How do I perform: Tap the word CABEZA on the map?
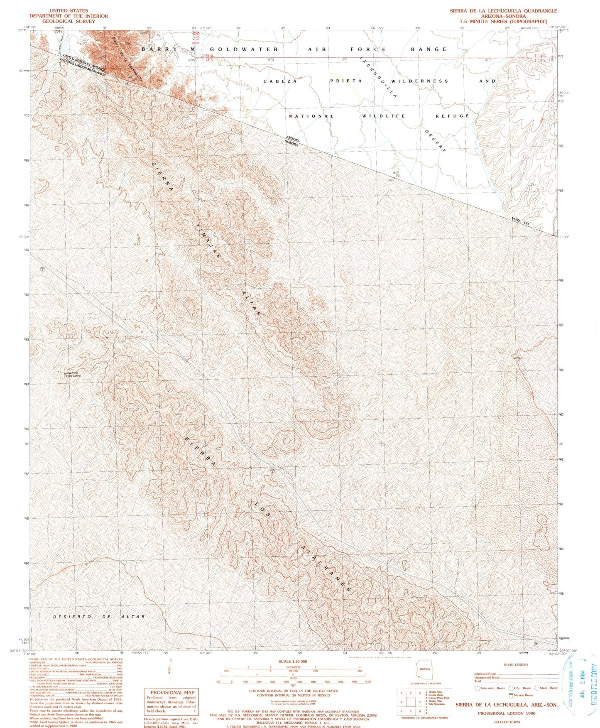pyautogui.click(x=280, y=81)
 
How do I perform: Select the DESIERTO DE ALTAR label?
pyautogui.click(x=99, y=617)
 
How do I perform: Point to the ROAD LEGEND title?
pyautogui.click(x=516, y=664)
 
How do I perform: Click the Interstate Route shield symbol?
pyautogui.click(x=478, y=688)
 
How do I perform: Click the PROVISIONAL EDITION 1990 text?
pyautogui.click(x=506, y=713)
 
